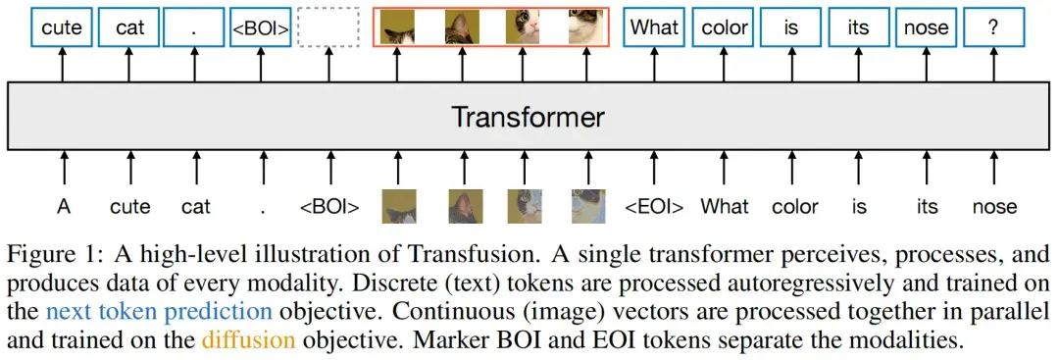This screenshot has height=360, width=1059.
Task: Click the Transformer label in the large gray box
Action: tap(528, 119)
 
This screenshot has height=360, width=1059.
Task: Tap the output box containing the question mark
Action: tap(992, 26)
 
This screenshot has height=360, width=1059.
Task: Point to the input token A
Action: tap(64, 207)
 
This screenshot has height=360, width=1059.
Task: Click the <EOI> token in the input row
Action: tap(655, 207)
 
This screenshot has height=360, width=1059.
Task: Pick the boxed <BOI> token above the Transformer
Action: tap(260, 26)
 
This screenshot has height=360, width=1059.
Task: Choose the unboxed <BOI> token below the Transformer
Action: tap(328, 207)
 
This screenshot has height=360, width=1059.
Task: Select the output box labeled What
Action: tap(655, 26)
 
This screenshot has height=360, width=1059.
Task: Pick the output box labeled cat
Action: tap(129, 26)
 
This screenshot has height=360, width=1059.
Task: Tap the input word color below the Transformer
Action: tap(793, 207)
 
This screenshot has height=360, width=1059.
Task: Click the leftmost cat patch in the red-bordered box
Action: tap(398, 27)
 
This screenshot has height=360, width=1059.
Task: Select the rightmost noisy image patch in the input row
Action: tap(587, 206)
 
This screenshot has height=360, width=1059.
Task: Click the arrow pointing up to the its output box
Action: tap(860, 65)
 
